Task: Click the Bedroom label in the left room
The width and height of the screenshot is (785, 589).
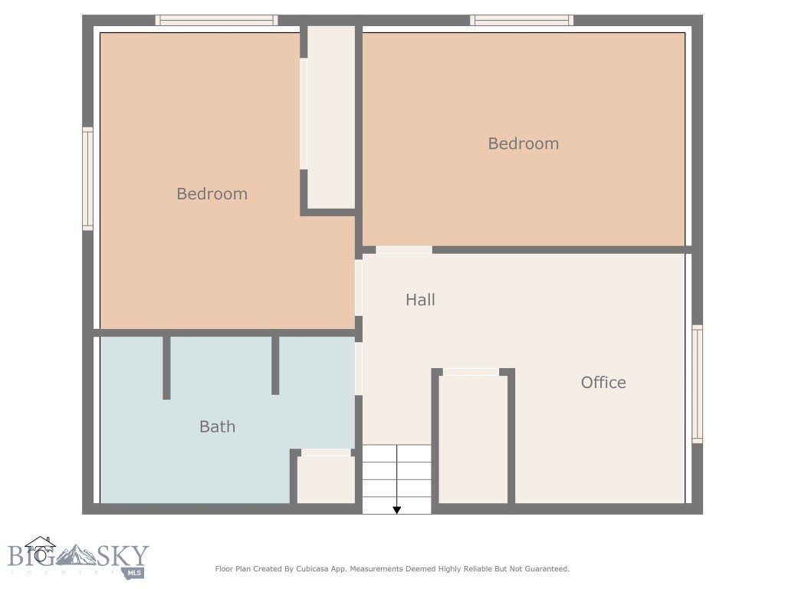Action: (212, 194)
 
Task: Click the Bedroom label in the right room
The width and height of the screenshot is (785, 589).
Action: (523, 143)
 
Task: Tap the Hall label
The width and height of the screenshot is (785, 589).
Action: (420, 300)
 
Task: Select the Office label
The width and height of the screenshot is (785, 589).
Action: (603, 383)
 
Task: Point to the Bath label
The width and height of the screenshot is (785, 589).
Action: (217, 427)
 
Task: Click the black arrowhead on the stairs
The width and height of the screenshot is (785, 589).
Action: (397, 508)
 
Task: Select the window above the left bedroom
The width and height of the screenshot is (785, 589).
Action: (216, 21)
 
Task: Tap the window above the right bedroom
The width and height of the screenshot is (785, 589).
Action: (521, 21)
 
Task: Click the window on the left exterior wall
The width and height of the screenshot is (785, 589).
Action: (87, 179)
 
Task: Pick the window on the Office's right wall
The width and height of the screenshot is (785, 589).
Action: (697, 383)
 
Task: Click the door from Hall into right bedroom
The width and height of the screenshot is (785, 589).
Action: (403, 250)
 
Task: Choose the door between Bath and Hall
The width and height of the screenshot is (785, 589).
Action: (359, 369)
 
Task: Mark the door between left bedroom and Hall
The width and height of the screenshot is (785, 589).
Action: (359, 288)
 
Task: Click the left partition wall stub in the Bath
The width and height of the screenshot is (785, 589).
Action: (166, 367)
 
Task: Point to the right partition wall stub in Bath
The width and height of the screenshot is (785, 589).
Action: (275, 365)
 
